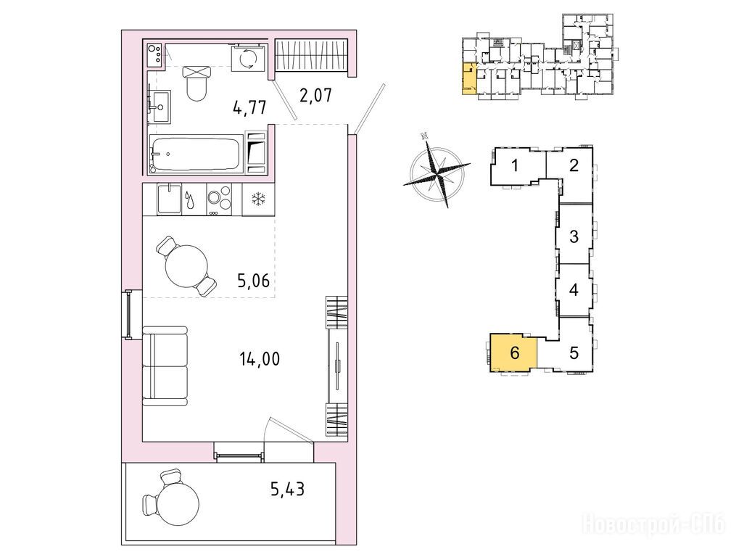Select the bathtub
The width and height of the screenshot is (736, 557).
(x=197, y=154)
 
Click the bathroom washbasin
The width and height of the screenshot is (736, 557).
(x=160, y=107)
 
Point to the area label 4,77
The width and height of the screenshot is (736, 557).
(x=249, y=107)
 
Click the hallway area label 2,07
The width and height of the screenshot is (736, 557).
(x=315, y=95)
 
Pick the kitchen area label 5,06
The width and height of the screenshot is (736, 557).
(x=254, y=281)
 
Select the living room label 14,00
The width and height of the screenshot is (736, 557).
(x=260, y=359)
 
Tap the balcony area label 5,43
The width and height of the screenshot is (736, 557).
(x=287, y=490)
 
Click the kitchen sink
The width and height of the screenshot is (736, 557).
(x=169, y=199)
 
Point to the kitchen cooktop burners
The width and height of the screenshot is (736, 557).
(x=219, y=197)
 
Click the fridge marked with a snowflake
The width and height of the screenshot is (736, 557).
(x=258, y=199)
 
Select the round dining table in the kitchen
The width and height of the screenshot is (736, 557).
(x=187, y=266)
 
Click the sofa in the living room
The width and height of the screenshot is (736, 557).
(x=165, y=366)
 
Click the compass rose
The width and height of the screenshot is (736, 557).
(x=437, y=170)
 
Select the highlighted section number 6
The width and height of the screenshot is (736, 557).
(x=514, y=352)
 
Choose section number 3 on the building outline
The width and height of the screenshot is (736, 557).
(x=574, y=236)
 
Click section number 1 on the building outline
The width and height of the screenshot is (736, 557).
(x=515, y=165)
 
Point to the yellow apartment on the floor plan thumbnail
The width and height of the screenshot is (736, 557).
(x=468, y=78)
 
